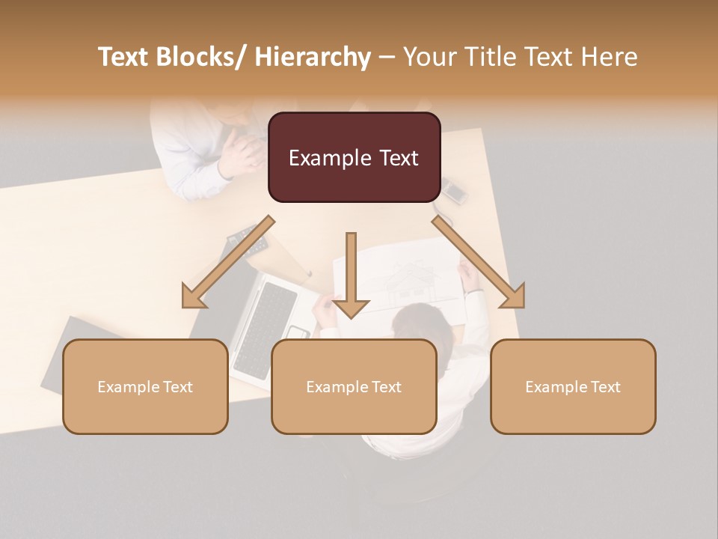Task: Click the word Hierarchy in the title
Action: (x=313, y=57)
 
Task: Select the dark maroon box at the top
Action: (x=354, y=157)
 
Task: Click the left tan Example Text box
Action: (x=145, y=386)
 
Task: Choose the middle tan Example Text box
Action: (x=354, y=386)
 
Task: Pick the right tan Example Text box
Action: (x=573, y=386)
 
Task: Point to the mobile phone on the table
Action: (x=453, y=190)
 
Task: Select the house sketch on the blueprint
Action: (x=411, y=280)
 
